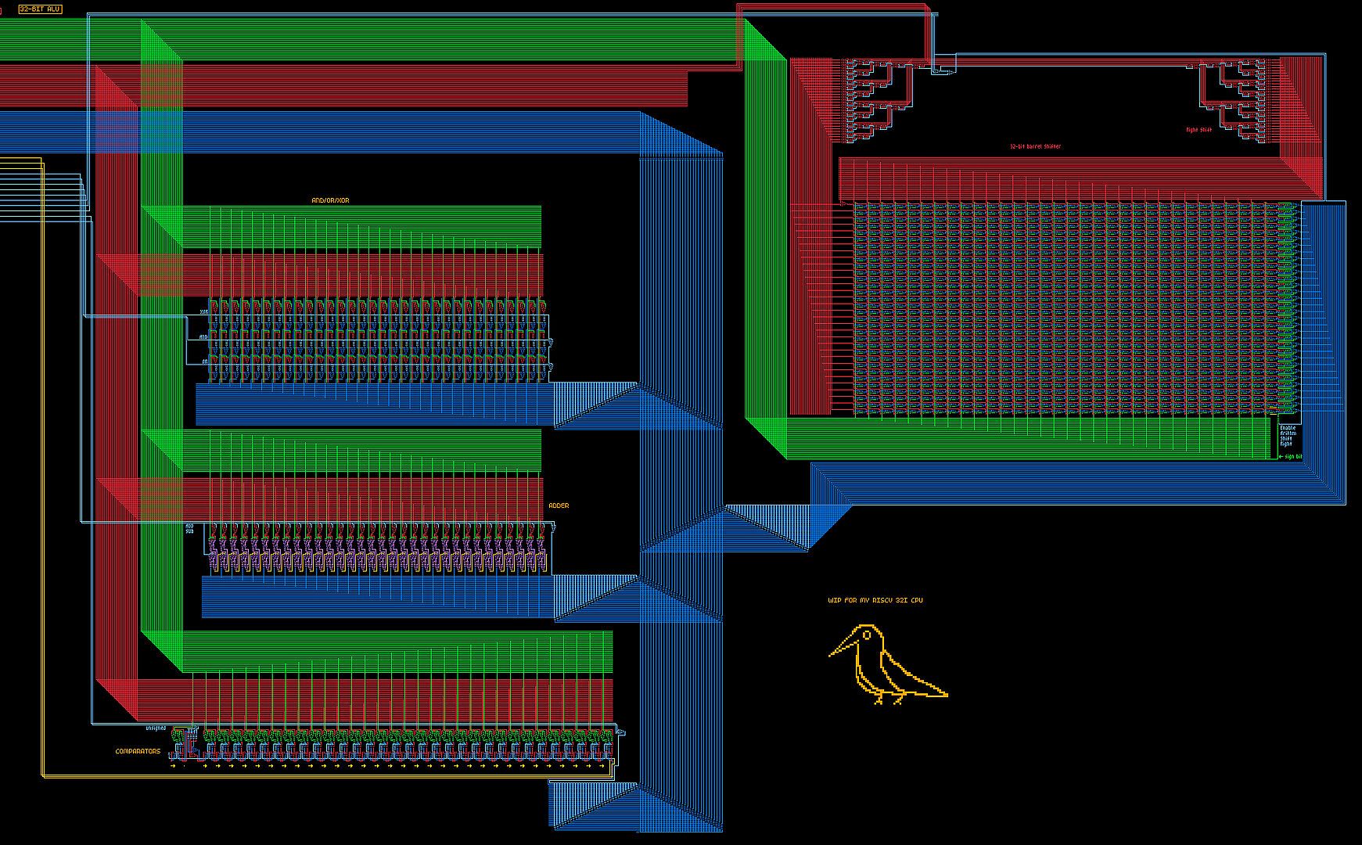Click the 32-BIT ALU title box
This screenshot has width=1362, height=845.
(40, 9)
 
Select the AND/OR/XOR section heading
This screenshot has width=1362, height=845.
(330, 201)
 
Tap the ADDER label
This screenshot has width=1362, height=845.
(559, 506)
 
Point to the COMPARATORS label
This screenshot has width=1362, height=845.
(138, 752)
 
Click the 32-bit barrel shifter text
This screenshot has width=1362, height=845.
(1035, 146)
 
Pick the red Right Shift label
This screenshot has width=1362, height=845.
(1198, 130)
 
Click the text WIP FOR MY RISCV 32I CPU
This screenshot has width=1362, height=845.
(875, 601)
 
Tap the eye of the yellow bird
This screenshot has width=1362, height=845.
(867, 635)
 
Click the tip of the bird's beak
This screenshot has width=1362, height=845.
(830, 654)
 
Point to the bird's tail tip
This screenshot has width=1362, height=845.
(946, 694)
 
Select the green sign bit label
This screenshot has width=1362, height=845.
(1293, 457)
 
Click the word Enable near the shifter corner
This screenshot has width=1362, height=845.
(1287, 428)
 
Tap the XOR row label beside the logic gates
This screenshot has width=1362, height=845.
(204, 312)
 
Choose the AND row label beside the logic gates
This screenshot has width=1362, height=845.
(203, 337)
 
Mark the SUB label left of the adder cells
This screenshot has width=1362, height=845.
(189, 531)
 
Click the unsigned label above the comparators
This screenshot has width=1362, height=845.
(156, 728)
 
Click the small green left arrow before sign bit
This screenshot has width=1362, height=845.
(1281, 457)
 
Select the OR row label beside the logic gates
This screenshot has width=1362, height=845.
(205, 362)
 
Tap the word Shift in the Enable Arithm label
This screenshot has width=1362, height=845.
(1285, 439)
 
